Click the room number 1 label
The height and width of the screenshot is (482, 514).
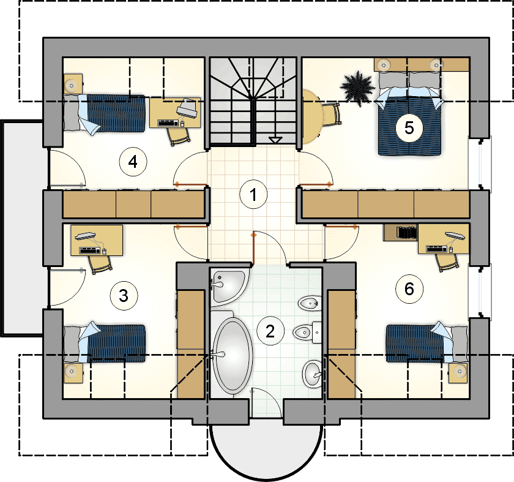[x=253, y=195]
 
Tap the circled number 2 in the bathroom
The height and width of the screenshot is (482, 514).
[x=270, y=331]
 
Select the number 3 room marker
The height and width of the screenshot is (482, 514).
[x=124, y=295]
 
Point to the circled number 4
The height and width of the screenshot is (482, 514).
[x=133, y=162]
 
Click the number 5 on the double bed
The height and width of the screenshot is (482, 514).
[x=409, y=127]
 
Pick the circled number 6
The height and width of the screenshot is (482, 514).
[x=409, y=289]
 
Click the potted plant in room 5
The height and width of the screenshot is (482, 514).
[x=357, y=88]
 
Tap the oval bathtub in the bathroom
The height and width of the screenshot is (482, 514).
[x=233, y=356]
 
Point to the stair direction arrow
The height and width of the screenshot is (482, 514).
[x=276, y=140]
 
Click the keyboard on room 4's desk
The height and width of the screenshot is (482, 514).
[x=168, y=123]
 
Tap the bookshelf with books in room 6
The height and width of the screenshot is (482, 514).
[x=401, y=232]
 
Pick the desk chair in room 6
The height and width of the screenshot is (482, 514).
[x=447, y=263]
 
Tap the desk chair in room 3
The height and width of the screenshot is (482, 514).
[x=100, y=265]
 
